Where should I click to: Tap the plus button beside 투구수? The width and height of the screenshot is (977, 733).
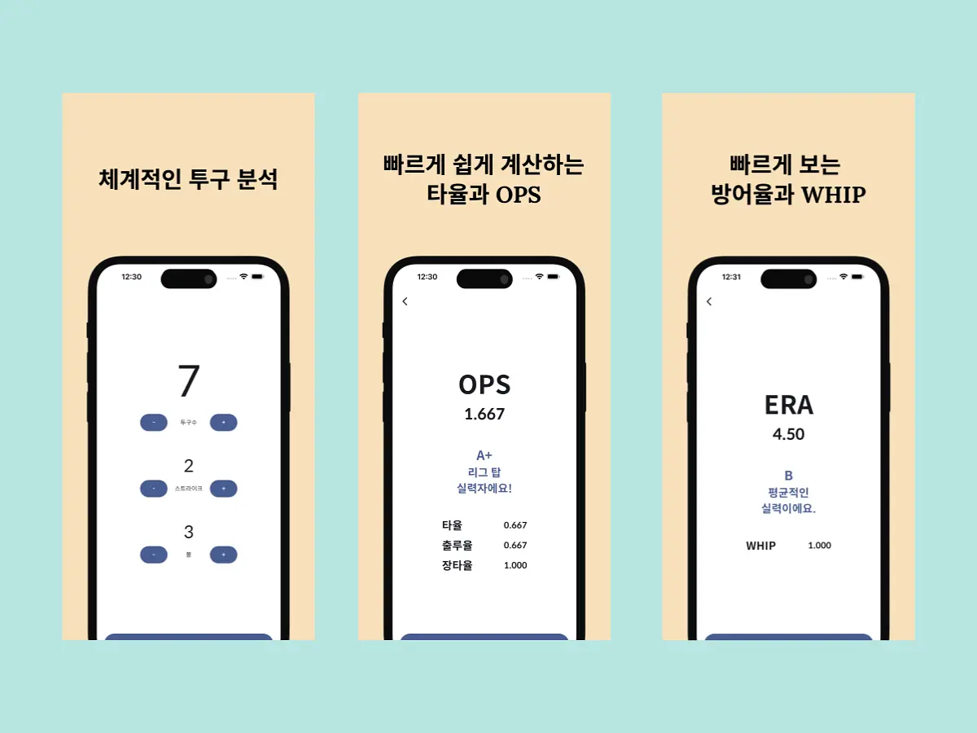coord(223,423)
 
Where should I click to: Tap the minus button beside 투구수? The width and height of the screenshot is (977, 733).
coord(154,423)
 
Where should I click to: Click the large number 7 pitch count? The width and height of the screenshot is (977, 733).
coord(189,380)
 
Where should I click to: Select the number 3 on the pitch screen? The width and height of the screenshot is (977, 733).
coord(189,532)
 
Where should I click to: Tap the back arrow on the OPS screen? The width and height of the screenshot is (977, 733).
coord(405,301)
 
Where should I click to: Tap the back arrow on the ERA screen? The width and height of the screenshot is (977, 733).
coord(709,301)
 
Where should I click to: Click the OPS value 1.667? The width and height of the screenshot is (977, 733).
coord(484,415)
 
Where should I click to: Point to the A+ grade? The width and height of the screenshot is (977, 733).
coord(484,455)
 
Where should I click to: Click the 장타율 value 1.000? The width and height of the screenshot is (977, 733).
coord(515,565)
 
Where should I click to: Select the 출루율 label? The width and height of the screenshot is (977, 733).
coord(457,545)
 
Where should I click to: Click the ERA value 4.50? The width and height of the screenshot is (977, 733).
coord(788,434)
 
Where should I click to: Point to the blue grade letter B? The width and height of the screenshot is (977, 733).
coord(788,476)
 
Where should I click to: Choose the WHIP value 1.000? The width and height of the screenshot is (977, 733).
coord(819,546)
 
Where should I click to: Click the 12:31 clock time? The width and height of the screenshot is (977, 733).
coord(731,277)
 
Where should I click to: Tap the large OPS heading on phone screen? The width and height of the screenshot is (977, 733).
coord(484,385)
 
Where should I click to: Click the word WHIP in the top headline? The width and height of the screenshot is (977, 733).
coord(834,195)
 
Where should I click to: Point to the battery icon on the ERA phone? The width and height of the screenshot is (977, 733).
coord(857,277)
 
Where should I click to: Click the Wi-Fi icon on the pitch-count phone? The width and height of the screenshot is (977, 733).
coord(243,276)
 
